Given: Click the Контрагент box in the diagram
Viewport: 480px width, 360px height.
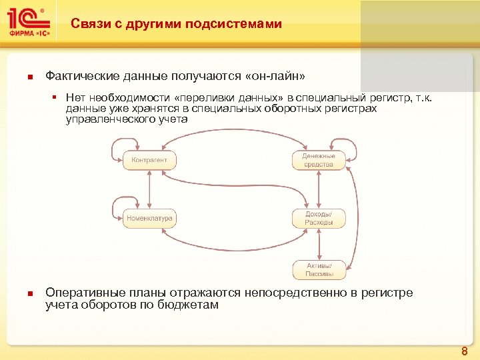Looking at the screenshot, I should coord(150,160).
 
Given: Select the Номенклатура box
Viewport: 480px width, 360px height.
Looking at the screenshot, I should coord(150,218).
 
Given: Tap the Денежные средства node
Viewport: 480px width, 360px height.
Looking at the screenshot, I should coord(319,160).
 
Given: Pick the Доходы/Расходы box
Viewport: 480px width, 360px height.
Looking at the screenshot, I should coord(319,218).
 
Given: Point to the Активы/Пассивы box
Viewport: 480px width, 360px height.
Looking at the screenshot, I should coord(319,269).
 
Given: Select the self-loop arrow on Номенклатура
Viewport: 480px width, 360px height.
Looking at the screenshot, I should coord(116,206).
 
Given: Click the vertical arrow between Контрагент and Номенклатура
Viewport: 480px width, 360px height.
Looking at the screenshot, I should coord(150,189).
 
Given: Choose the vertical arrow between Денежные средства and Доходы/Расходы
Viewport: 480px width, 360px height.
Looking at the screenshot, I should coord(319,189).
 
